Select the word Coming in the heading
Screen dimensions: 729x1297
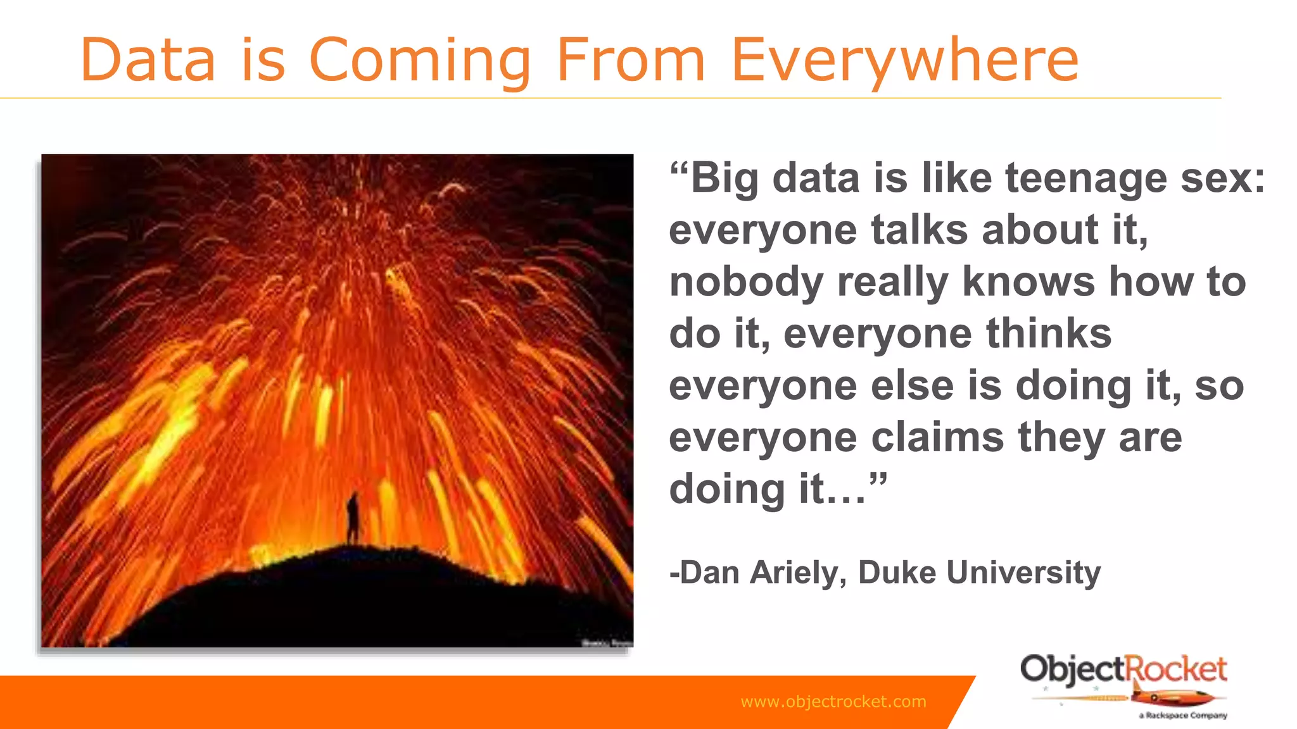click(x=419, y=61)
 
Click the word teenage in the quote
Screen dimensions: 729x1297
click(x=1085, y=178)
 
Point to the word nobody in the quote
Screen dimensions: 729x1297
click(x=746, y=282)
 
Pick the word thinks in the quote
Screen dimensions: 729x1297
click(x=1049, y=333)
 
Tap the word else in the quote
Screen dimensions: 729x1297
click(x=912, y=385)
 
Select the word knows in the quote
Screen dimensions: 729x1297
click(x=1028, y=282)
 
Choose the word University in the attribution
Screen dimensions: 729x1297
click(x=1023, y=573)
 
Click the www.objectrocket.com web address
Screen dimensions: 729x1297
click(x=833, y=701)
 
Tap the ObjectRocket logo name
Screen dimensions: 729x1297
click(x=1123, y=670)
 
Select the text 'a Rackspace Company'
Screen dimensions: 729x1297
click(x=1183, y=716)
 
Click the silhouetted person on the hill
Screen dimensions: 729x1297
click(x=353, y=518)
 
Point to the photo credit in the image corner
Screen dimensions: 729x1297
click(x=607, y=643)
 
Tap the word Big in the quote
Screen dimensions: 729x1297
click(x=724, y=179)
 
